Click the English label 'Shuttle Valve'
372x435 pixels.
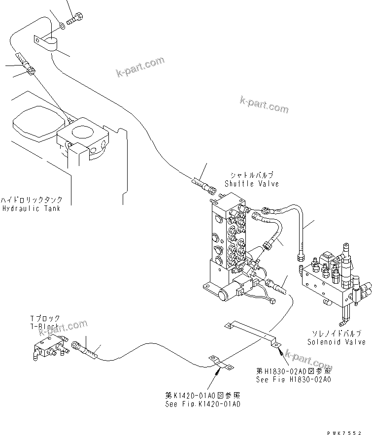(251, 184)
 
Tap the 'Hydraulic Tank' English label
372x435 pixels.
(31, 208)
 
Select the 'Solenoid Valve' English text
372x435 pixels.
(336, 341)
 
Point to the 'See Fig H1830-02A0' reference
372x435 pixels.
(293, 379)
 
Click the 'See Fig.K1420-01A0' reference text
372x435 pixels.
(203, 404)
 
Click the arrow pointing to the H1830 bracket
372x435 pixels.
(280, 352)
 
